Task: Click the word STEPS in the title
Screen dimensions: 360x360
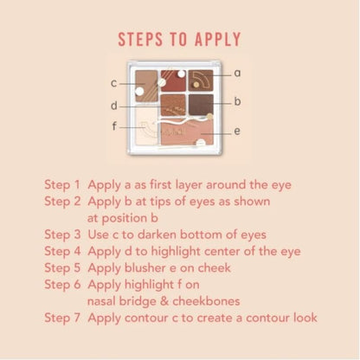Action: (x=140, y=39)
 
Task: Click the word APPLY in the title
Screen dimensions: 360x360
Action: (x=218, y=39)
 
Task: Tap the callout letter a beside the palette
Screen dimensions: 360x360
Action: (x=237, y=74)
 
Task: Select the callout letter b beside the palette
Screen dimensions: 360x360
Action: (x=237, y=101)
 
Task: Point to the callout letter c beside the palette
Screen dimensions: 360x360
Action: (x=114, y=83)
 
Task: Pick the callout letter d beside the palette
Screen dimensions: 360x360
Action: (x=114, y=106)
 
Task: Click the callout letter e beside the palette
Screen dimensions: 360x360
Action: (x=237, y=131)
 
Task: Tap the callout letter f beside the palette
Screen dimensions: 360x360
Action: (x=114, y=126)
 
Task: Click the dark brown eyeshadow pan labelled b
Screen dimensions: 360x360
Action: (x=201, y=105)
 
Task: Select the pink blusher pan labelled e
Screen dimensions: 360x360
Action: (x=187, y=132)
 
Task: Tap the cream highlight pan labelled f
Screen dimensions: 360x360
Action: (x=145, y=126)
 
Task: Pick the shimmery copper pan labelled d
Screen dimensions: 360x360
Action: (x=173, y=105)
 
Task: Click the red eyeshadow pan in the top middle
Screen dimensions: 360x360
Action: (x=173, y=80)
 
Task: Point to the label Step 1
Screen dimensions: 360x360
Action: (x=62, y=185)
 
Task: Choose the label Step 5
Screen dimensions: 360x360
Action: (x=62, y=268)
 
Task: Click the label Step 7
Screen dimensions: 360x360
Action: (x=62, y=318)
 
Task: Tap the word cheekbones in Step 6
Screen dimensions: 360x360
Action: (x=206, y=301)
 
